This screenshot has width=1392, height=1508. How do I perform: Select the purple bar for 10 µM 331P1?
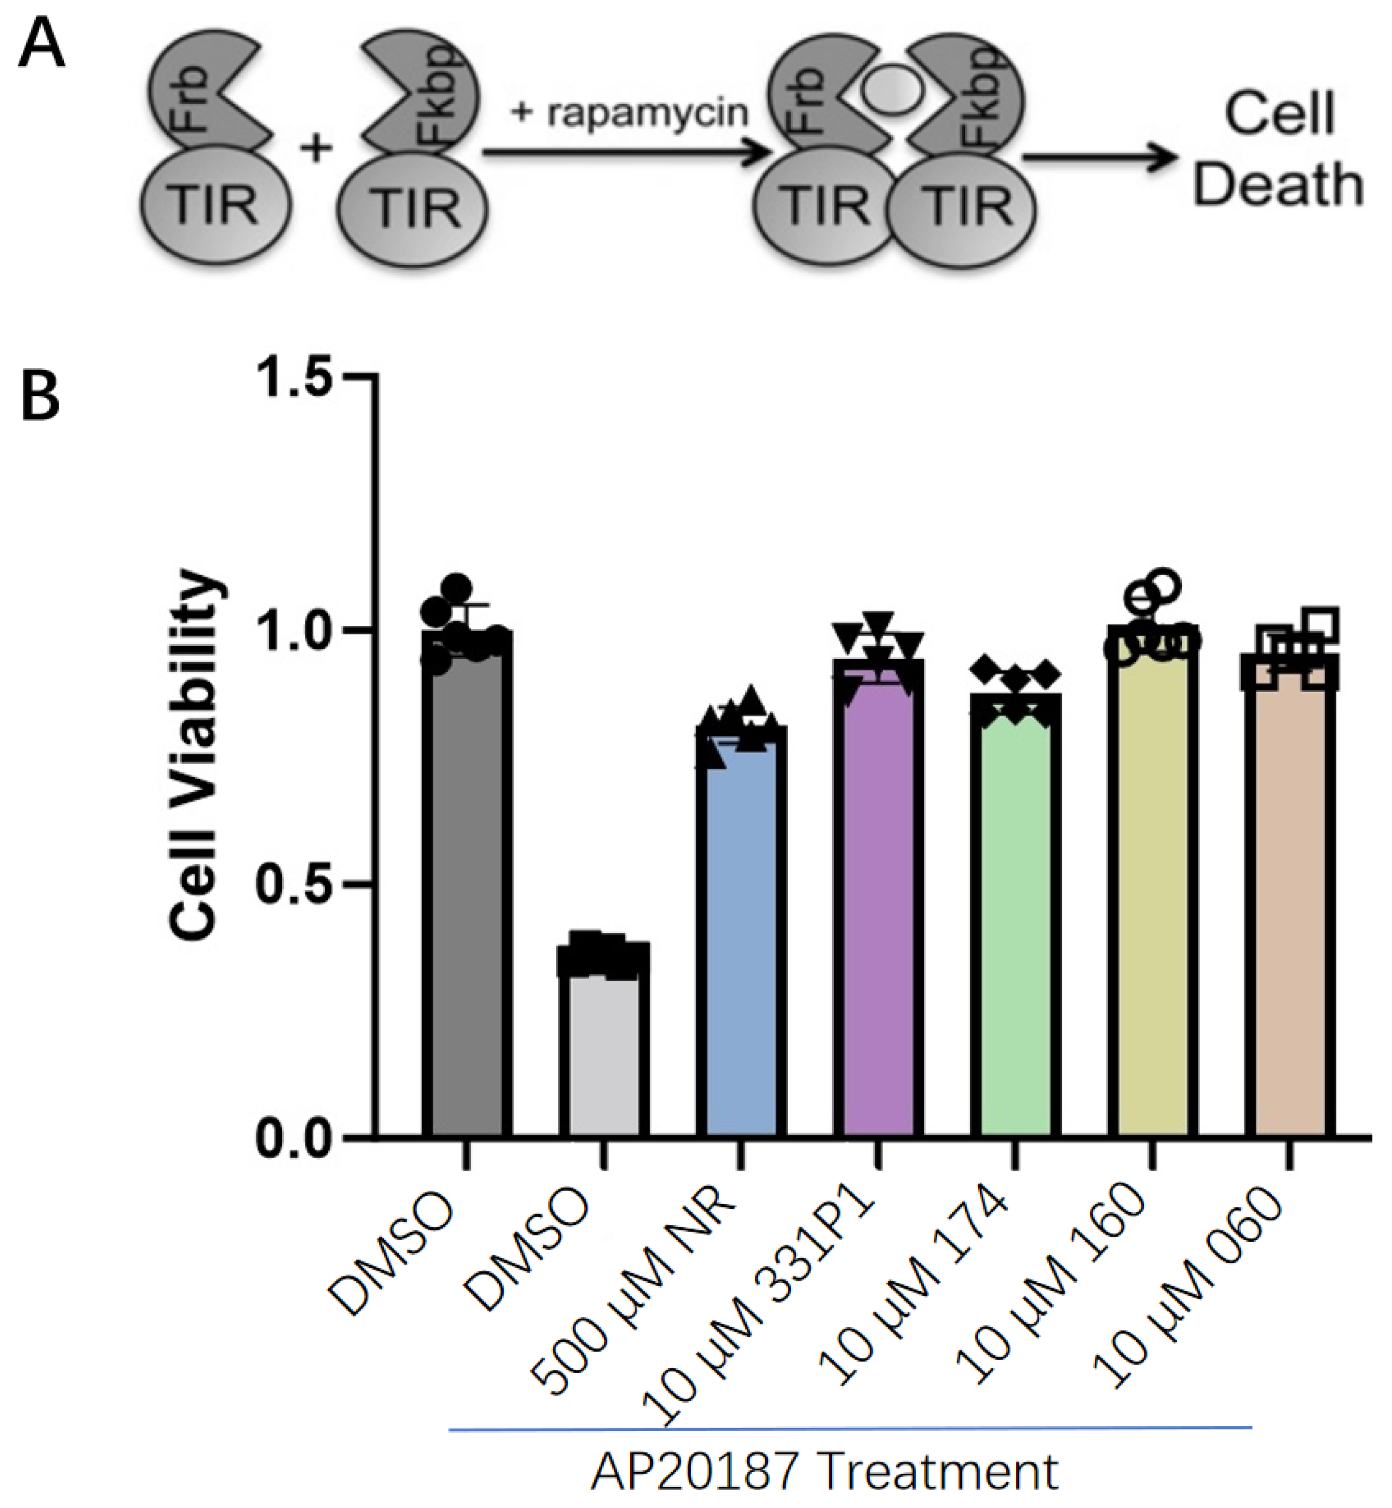(878, 904)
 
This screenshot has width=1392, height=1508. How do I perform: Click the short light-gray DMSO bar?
(604, 1055)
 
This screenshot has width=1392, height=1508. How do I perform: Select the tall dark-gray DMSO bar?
(467, 889)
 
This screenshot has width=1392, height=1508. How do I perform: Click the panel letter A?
(43, 43)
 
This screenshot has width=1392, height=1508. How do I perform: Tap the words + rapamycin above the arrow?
(630, 113)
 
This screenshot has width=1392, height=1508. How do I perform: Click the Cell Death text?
(1278, 151)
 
